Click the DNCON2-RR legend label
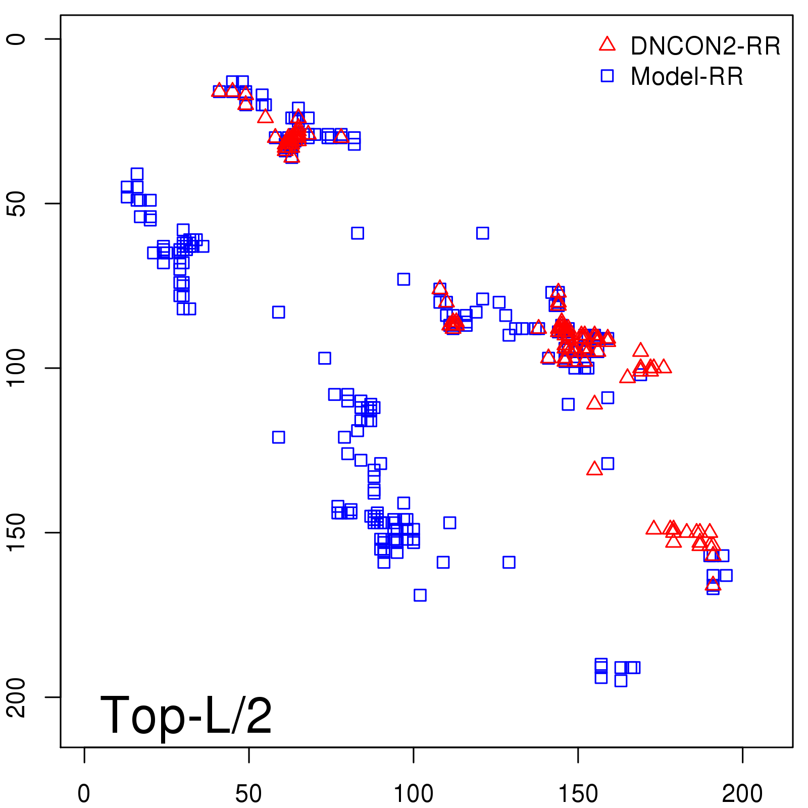[705, 46]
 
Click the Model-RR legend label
[687, 77]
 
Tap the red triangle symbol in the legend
[607, 44]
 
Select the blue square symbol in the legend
[607, 76]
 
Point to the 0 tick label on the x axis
[84, 794]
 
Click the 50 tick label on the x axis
[248, 794]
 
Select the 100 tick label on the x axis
[413, 794]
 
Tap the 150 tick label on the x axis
[578, 794]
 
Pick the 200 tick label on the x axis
[742, 794]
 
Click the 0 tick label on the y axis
[16, 39]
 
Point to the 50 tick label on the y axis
[16, 204]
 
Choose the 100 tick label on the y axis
[16, 368]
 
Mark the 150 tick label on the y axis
[16, 533]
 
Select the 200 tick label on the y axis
[16, 697]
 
